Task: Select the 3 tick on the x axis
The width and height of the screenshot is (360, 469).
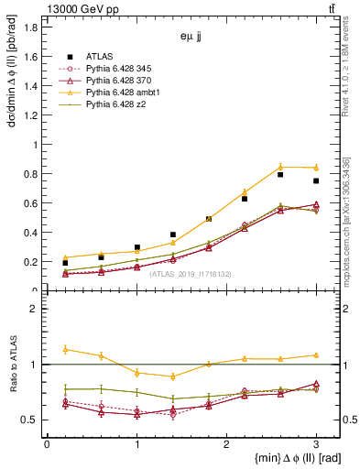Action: coord(316,442)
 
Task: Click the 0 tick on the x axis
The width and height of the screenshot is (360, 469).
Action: coord(47,442)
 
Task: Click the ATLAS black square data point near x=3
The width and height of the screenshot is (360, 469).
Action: coord(316,180)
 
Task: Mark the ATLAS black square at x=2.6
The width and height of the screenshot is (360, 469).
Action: coord(280,174)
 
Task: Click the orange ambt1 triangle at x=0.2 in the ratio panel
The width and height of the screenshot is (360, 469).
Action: coord(65,349)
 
